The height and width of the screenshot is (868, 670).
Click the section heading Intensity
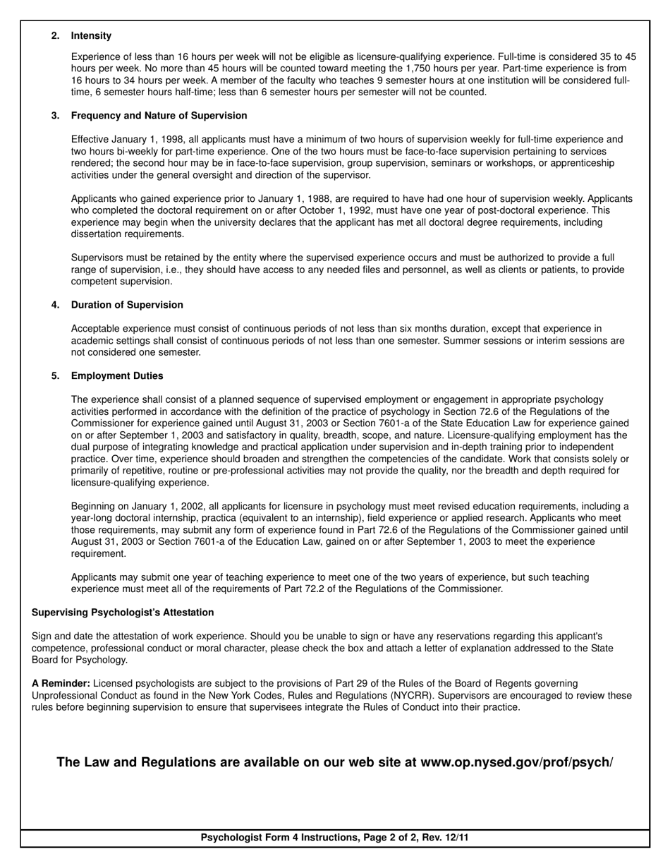click(91, 35)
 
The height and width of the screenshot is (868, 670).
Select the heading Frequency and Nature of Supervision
click(159, 115)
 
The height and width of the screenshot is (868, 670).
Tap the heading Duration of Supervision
click(127, 305)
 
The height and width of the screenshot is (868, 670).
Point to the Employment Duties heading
click(117, 375)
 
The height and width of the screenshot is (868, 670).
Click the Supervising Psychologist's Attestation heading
click(123, 612)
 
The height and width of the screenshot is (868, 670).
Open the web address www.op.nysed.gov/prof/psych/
click(516, 763)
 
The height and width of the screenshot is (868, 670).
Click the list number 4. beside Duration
click(55, 305)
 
